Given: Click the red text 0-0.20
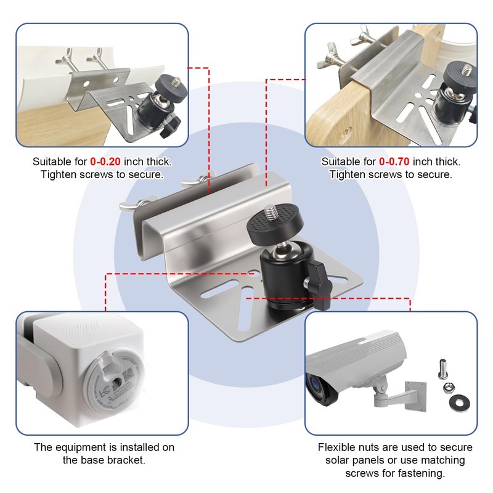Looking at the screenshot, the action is pos(105,162).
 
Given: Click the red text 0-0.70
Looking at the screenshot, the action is pos(394,162).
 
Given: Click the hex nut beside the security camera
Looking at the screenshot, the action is pos(448,389).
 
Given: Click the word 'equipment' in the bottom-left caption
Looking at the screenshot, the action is pos(84,447).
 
